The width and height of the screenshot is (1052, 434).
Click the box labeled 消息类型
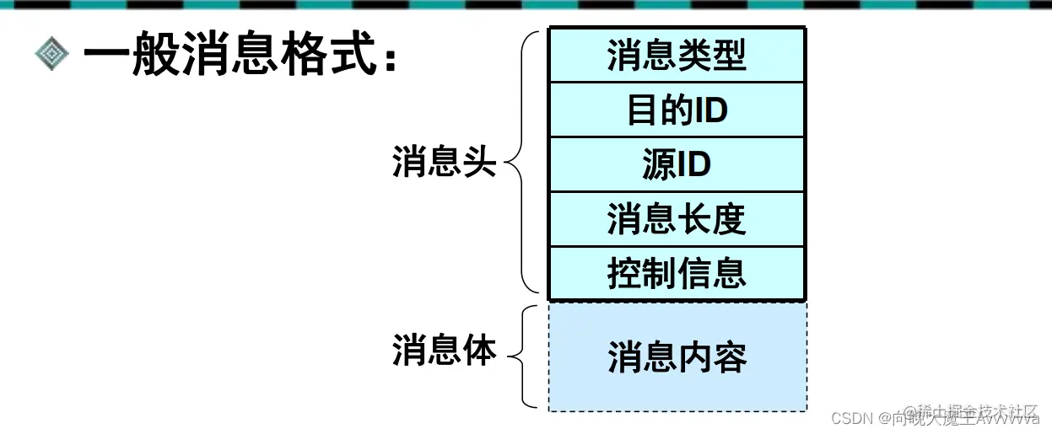[x=677, y=56]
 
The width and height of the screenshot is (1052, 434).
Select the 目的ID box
[x=677, y=110]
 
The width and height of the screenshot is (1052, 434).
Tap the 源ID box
[x=677, y=164]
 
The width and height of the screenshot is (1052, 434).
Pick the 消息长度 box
[x=677, y=219]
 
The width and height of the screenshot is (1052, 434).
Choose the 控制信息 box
[x=677, y=273]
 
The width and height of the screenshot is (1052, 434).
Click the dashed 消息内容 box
[x=677, y=357]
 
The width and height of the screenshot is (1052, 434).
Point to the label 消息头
[x=444, y=161]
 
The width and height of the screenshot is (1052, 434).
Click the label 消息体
[x=444, y=351]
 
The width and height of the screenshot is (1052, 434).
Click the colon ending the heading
[x=391, y=61]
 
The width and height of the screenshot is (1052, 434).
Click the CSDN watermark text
[x=850, y=418]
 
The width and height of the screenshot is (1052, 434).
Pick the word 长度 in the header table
[x=712, y=219]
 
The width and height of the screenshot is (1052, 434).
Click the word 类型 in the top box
[x=712, y=56]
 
